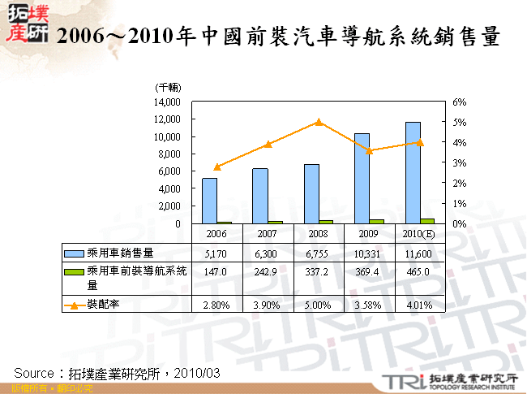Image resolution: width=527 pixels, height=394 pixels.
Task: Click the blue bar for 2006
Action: pos(209,201)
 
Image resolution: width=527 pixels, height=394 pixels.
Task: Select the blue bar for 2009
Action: pos(362,178)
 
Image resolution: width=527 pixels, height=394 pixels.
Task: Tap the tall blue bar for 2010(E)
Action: pos(413,172)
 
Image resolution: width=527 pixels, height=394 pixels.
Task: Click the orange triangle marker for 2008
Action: pos(319,122)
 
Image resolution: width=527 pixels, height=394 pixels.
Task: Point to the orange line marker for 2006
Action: pos(216,167)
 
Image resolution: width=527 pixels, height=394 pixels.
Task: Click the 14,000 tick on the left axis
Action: pos(167,102)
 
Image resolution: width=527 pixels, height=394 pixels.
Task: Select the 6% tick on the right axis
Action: pos(459,102)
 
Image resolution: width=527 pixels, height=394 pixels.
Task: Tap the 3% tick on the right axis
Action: pos(459,163)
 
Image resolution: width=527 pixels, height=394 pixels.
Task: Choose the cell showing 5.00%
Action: pos(319,305)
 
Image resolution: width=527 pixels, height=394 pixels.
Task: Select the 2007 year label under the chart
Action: pos(268,232)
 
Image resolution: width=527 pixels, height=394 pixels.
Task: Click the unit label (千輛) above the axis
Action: pos(167,87)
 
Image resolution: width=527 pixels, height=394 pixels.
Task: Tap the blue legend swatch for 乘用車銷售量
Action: pos(74,253)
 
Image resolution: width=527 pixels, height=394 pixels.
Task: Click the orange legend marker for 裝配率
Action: pos(74,305)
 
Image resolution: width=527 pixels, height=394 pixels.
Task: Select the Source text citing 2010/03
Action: pos(118,372)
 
